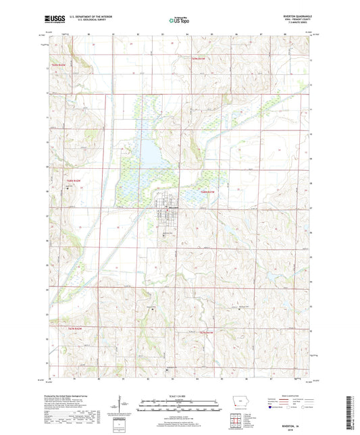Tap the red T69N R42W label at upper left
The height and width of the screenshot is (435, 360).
(59, 65)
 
